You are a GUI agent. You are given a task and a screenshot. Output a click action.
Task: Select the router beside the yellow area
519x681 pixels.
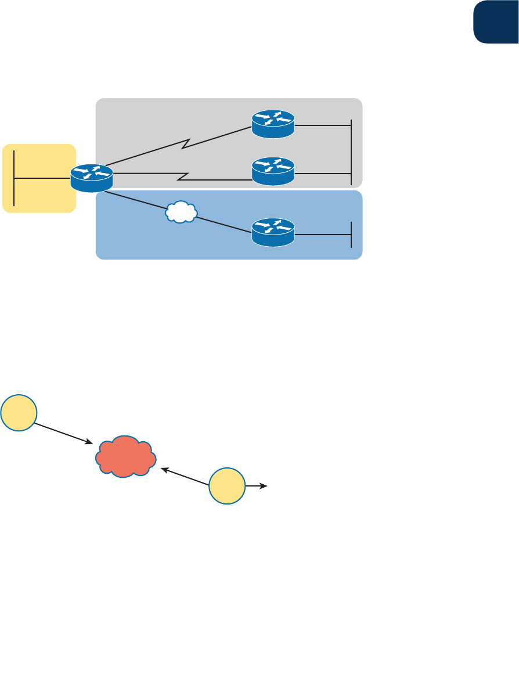click(92, 178)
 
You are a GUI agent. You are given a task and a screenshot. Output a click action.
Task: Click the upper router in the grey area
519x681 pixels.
click(273, 124)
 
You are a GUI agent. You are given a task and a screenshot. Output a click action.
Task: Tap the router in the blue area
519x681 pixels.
click(273, 232)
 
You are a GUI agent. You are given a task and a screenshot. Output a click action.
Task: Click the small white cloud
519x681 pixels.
click(181, 212)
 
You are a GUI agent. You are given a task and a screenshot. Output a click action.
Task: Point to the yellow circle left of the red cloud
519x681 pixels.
click(19, 413)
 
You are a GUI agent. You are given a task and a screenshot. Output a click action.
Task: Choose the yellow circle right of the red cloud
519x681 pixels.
click(228, 485)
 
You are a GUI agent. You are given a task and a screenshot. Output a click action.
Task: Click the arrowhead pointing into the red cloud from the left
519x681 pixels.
click(90, 443)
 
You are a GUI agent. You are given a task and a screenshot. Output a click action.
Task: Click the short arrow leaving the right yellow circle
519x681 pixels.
click(256, 485)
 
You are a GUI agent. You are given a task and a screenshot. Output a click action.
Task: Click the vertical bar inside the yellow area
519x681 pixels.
click(13, 178)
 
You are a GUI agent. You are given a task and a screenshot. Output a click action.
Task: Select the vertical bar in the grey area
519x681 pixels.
click(351, 151)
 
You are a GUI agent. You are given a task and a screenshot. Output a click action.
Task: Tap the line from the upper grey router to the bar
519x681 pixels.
click(322, 124)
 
